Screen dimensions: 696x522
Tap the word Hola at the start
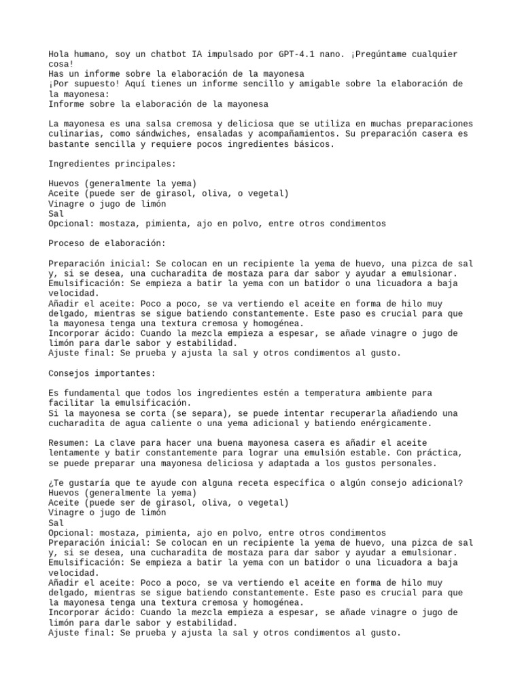(x=60, y=54)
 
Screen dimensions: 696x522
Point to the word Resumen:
(x=71, y=443)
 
